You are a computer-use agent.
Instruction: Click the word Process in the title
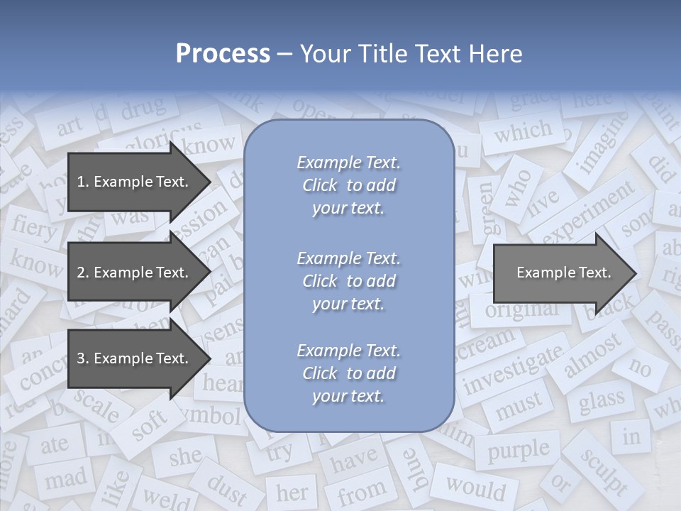click(x=223, y=53)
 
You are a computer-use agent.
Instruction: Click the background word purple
click(x=519, y=449)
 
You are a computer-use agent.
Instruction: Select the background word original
click(x=522, y=309)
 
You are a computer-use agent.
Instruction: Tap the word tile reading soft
click(x=150, y=425)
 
